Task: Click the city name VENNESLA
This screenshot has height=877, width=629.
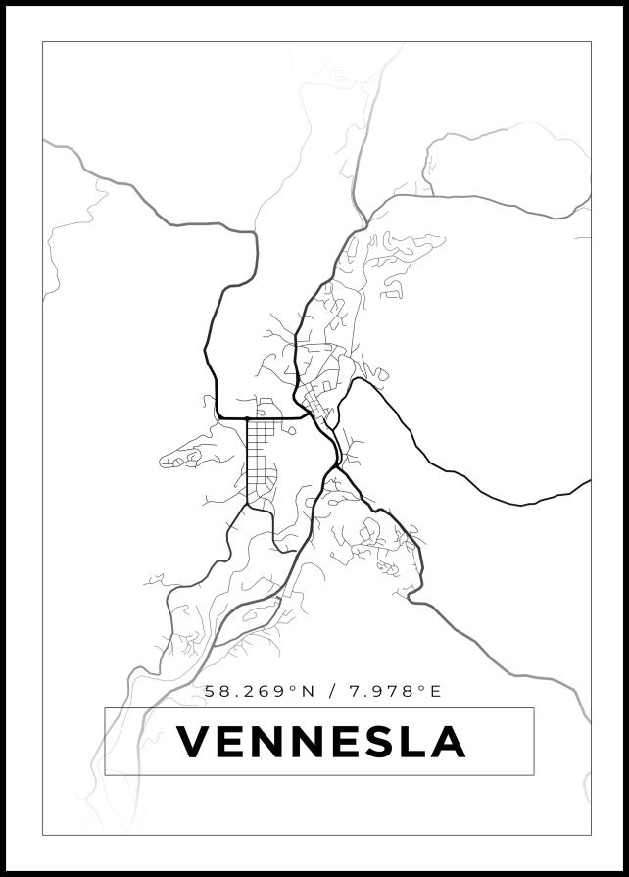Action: [x=319, y=742]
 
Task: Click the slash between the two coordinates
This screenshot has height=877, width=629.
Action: [x=333, y=692]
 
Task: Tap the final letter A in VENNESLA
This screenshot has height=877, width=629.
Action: [x=446, y=742]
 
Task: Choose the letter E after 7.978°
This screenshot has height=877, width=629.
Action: [x=436, y=692]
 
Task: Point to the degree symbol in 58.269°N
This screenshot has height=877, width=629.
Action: [x=294, y=688]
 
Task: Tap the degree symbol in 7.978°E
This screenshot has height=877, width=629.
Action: [x=422, y=688]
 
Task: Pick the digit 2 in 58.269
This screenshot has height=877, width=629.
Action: [x=250, y=692]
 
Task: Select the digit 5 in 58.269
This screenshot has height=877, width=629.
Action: [x=211, y=692]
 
